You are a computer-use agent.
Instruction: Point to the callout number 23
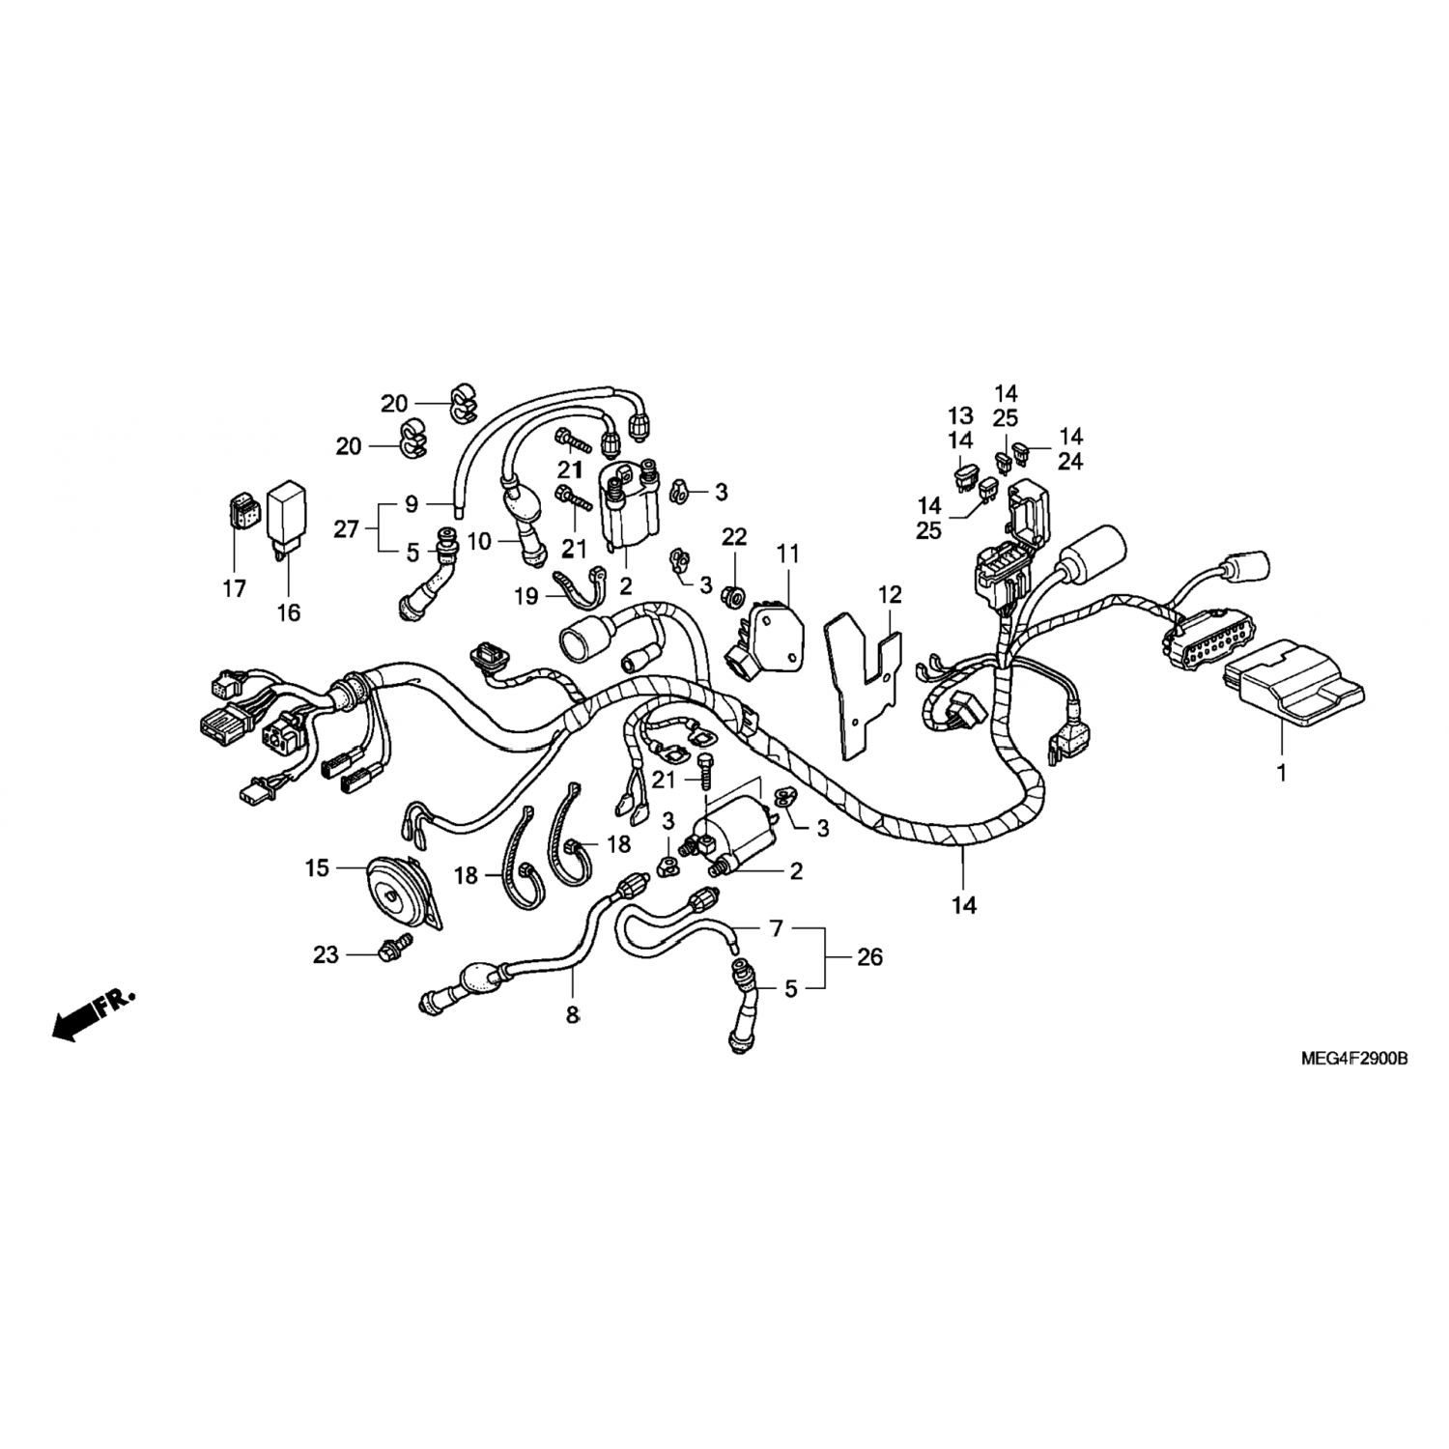[326, 954]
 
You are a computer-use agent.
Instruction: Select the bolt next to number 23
[396, 952]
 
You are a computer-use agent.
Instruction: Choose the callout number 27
[347, 528]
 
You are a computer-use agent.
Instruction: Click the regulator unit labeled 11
[767, 633]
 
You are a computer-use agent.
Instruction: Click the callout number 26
[870, 956]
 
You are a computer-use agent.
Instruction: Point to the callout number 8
[573, 1015]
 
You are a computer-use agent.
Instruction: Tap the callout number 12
[889, 594]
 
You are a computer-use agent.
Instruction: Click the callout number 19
[526, 596]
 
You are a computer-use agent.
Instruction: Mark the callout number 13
[959, 416]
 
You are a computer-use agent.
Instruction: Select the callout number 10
[480, 542]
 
